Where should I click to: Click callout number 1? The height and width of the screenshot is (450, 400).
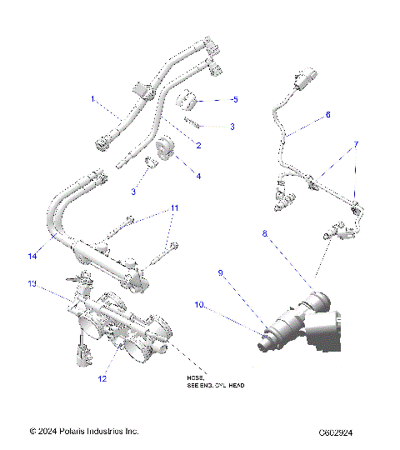click(93, 99)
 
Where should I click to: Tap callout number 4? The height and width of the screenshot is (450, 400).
click(197, 176)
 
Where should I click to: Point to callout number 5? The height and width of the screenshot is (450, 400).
click(235, 99)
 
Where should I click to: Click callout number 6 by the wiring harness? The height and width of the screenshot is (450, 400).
click(327, 115)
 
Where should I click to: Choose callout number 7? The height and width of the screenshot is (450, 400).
click(356, 144)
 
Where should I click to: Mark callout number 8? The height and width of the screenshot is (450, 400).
click(265, 236)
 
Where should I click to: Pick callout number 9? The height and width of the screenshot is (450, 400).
click(220, 272)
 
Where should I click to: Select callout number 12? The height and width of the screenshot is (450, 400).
click(101, 378)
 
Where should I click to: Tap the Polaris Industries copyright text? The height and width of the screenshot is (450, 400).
click(83, 432)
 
